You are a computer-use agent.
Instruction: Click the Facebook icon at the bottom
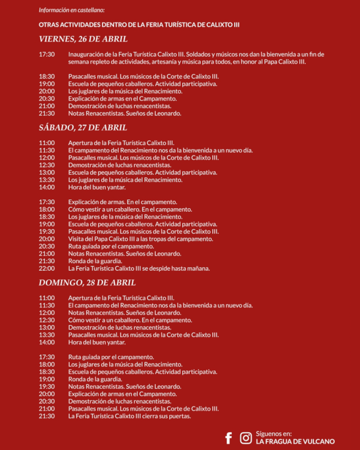click(228, 438)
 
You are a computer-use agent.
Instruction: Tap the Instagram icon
click(246, 438)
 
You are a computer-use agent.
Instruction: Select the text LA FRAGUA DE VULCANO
click(295, 442)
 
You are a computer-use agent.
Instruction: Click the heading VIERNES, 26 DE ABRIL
click(83, 39)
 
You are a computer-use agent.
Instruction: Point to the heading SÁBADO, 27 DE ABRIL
click(83, 128)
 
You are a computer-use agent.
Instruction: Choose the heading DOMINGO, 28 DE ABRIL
click(87, 283)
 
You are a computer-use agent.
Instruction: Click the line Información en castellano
click(72, 10)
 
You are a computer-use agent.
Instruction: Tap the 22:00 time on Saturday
click(47, 268)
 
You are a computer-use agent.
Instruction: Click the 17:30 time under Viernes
click(47, 54)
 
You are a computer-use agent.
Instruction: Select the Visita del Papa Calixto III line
click(140, 239)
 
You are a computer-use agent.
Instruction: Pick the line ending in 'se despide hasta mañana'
click(139, 268)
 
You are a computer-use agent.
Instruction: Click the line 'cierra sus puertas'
click(129, 416)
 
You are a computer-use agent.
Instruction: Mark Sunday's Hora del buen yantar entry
click(97, 342)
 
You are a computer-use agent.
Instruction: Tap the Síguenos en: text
click(274, 434)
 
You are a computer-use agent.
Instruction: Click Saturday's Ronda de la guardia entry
click(95, 261)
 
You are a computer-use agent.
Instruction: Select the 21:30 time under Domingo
click(47, 416)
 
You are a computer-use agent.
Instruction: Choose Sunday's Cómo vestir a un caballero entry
click(130, 320)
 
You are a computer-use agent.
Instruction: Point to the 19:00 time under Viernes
click(47, 84)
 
